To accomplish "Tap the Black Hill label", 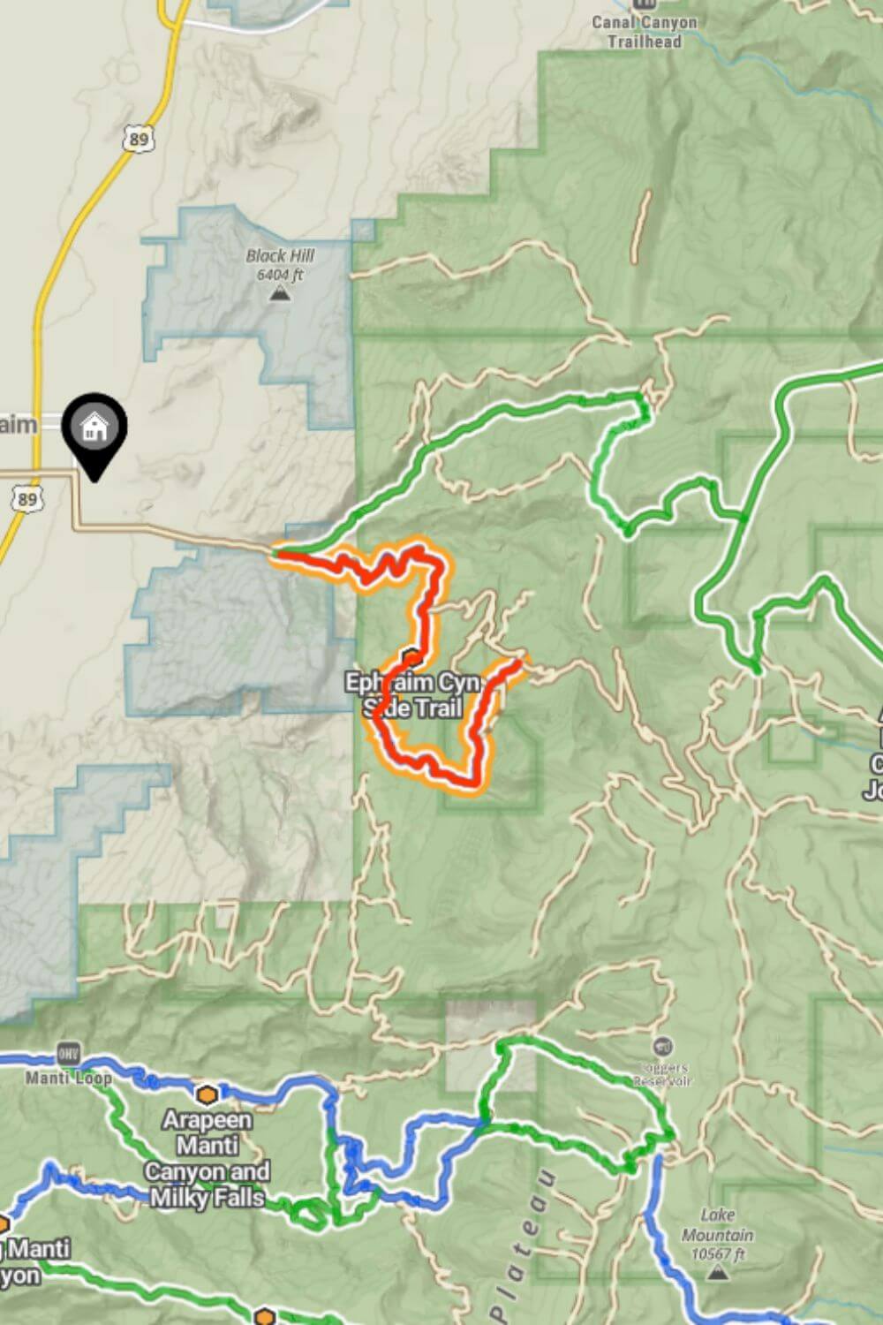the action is tap(280, 256).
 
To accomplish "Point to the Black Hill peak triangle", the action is tap(280, 293).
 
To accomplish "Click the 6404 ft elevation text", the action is tap(280, 275).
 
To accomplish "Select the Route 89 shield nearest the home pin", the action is tap(27, 500).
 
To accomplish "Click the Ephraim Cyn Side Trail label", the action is tap(412, 695).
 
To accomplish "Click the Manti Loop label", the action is tap(68, 1079).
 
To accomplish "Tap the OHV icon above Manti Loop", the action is tap(68, 1054).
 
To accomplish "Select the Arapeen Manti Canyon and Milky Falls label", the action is tap(208, 1158).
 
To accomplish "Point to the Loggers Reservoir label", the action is tap(664, 1074).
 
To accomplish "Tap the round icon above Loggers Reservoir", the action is tap(664, 1049).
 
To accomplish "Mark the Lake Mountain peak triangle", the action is tap(718, 1273).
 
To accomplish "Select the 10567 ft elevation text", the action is tap(717, 1254).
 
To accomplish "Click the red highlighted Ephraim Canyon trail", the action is tap(427, 601).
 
